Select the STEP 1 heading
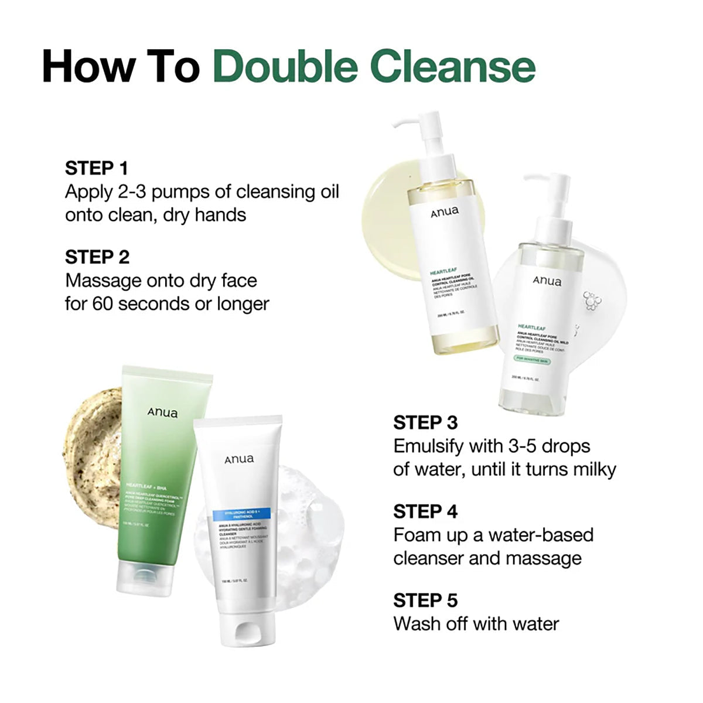(x=96, y=168)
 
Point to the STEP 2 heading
(x=97, y=257)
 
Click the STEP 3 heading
(x=425, y=422)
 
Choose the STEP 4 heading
(x=425, y=511)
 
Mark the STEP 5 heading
(x=425, y=600)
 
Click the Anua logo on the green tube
(x=162, y=412)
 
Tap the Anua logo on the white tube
(x=239, y=459)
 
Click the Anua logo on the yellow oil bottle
(x=445, y=211)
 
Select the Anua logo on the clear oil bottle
(x=547, y=281)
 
